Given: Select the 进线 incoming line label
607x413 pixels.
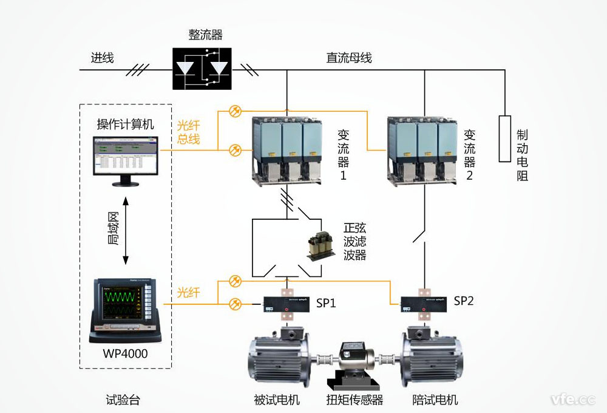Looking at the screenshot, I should [103, 58].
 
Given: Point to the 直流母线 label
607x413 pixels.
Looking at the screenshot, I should [349, 58].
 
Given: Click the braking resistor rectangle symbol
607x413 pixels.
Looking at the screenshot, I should [504, 138].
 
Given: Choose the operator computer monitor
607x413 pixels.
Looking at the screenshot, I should [125, 158].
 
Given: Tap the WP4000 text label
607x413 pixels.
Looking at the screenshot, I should [125, 354].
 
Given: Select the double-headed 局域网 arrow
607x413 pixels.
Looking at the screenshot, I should [126, 231].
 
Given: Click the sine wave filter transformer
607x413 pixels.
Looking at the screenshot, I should [319, 246].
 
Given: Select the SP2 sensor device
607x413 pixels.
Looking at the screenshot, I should [424, 304].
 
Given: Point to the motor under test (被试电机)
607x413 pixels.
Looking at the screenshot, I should [279, 360].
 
